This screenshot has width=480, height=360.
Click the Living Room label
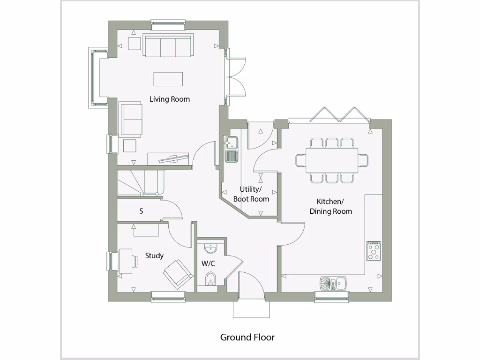point(170,99)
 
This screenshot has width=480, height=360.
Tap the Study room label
point(154,255)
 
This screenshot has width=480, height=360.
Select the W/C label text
point(208,263)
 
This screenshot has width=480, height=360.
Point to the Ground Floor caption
point(247,337)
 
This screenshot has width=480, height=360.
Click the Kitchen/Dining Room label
point(330,206)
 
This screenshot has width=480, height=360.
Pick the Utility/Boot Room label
point(255,194)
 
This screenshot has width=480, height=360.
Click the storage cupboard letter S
point(141,211)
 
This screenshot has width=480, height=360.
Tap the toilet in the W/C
point(211,278)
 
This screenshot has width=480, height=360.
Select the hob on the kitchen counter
point(374,251)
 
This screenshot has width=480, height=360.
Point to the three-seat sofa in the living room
point(167,46)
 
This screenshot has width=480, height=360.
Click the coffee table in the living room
point(169,79)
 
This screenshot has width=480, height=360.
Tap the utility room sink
point(231,149)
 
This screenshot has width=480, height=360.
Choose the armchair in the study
point(178,273)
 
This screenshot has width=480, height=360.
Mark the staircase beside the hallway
point(141,182)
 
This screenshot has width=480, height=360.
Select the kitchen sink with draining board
point(333,283)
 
